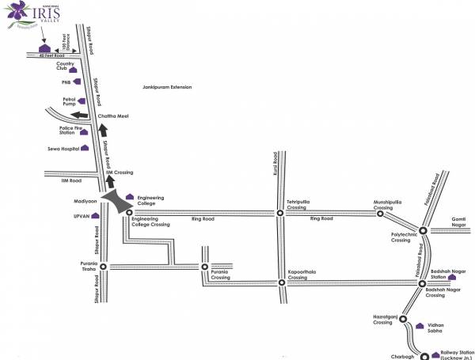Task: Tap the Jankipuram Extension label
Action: coord(167,87)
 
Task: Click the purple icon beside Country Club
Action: coord(82,68)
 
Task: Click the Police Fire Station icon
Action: coord(84,131)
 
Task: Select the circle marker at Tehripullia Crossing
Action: coord(279,213)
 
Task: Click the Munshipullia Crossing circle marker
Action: coord(380,213)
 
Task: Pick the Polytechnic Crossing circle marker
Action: coord(423,230)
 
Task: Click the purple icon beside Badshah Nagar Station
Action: coord(453,277)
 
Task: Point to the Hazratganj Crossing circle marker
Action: coord(403,322)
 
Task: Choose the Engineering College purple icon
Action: coord(130,196)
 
